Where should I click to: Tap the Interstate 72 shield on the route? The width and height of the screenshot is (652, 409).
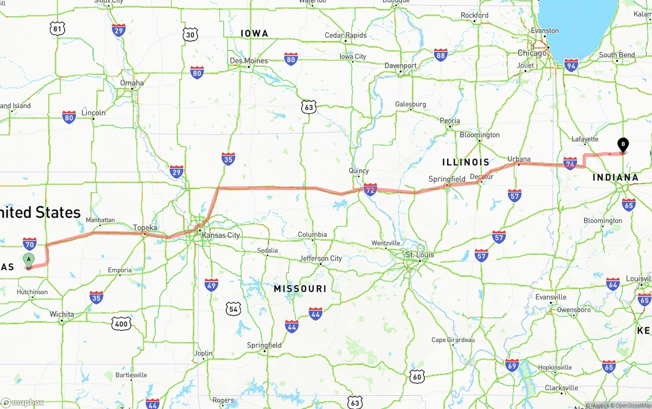(370, 190)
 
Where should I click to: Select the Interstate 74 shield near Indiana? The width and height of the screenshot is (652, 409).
(570, 163)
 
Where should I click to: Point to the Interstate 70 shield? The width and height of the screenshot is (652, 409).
(30, 244)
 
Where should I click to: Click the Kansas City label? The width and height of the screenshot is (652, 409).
(221, 235)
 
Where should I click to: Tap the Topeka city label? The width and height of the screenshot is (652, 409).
(145, 228)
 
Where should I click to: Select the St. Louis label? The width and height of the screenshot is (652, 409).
(420, 255)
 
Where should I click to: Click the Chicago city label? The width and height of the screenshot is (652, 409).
(532, 53)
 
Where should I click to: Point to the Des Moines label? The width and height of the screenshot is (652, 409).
(249, 61)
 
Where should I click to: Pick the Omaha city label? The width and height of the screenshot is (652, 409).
(132, 83)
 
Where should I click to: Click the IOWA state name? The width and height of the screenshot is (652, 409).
(254, 34)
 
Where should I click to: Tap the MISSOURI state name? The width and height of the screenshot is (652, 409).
(300, 289)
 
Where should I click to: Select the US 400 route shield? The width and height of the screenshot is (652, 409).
(122, 323)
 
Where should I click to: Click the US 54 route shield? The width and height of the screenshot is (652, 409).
(234, 308)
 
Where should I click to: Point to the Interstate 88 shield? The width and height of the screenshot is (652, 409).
(441, 55)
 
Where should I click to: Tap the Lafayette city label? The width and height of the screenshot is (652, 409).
(585, 139)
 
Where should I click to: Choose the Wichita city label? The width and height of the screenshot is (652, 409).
(62, 314)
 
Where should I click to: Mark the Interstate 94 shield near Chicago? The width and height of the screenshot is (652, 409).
(571, 65)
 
